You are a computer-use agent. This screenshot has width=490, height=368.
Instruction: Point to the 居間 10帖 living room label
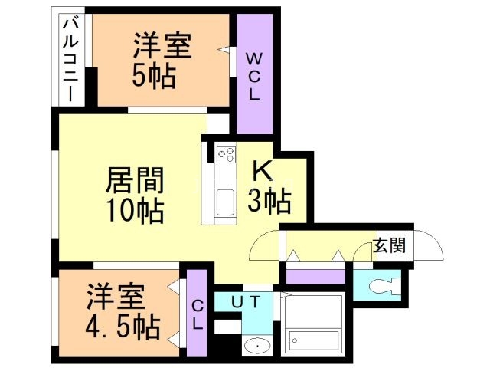tap(135, 195)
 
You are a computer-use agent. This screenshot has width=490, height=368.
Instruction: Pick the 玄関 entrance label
tap(390, 247)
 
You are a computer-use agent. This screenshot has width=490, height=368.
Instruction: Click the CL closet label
tap(197, 315)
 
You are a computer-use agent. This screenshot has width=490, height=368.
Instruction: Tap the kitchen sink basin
tap(226, 204)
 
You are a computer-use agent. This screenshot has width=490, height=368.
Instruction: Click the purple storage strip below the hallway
tap(315, 275)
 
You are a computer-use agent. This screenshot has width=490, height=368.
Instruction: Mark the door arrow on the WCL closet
tap(224, 51)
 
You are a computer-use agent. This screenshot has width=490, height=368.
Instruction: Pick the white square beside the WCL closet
tap(218, 123)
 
